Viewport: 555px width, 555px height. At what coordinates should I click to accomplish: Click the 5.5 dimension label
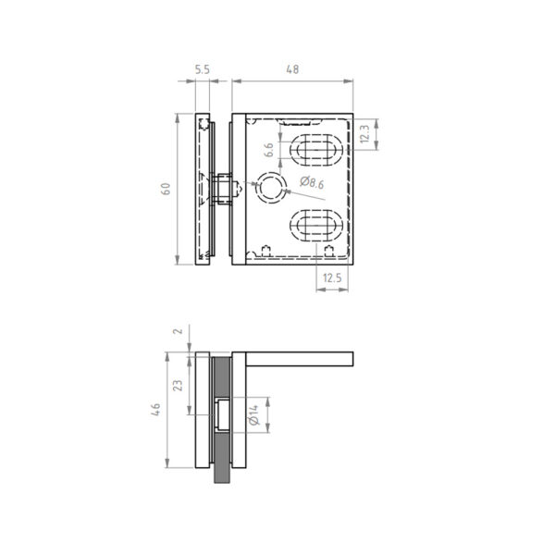[202, 69]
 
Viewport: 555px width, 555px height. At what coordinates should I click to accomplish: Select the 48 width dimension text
[292, 69]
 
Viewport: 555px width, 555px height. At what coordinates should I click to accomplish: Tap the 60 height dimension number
[166, 189]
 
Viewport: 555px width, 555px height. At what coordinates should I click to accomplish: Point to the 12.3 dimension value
[364, 134]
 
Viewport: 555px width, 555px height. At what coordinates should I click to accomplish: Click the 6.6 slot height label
[269, 150]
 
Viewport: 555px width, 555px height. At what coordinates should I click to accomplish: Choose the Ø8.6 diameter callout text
[312, 182]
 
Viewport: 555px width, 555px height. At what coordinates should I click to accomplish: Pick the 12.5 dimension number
[332, 277]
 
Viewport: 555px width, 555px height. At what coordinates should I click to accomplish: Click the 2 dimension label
[179, 331]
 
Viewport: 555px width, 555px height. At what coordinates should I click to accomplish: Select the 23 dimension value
[178, 386]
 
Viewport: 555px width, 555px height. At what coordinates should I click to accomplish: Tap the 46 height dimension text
[155, 410]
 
